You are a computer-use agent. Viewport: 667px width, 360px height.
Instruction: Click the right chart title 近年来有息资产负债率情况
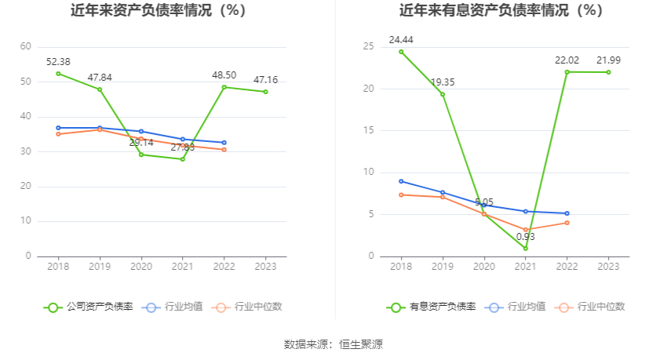pos(501,11)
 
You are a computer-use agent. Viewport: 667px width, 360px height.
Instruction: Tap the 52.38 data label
pos(59,61)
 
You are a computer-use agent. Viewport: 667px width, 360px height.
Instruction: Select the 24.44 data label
pos(401,39)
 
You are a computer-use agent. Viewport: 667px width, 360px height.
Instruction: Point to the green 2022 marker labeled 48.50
pos(224,87)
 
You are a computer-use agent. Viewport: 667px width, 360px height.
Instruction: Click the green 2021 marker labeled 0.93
pos(526,249)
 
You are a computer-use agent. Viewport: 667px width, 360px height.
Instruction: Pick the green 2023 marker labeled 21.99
pos(608,72)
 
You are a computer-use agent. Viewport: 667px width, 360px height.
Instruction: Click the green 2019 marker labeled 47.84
pos(100,89)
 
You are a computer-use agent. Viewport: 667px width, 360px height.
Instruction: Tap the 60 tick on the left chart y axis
pos(26,47)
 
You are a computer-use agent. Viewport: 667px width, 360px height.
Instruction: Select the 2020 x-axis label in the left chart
pos(141,267)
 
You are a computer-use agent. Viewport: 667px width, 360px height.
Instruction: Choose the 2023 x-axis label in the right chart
pos(608,267)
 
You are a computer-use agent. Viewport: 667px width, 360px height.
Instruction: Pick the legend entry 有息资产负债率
pos(431,307)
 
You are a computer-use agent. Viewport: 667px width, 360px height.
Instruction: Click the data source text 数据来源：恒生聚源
pos(333,344)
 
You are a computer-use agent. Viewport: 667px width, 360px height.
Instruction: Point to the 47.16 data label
pos(265,80)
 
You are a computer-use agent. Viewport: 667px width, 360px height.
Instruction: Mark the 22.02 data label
pos(567,60)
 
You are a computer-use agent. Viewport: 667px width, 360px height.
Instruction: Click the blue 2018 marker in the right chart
pos(401,181)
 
